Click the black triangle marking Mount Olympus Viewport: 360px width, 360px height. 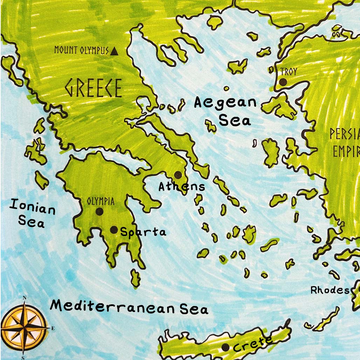[114, 52]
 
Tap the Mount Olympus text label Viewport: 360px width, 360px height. [82, 50]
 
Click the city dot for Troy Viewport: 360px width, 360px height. [283, 82]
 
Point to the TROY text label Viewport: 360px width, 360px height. [289, 72]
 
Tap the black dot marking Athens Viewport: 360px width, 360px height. [178, 174]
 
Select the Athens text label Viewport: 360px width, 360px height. [181, 186]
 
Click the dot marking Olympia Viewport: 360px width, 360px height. [99, 211]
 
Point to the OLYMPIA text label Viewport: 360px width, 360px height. [101, 201]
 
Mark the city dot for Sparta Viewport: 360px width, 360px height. [114, 230]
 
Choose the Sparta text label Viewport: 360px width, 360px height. [143, 232]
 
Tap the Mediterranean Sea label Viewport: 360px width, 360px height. [129, 307]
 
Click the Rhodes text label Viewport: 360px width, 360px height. [330, 290]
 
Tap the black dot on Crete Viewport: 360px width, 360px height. [226, 347]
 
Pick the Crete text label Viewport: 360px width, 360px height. [252, 344]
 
